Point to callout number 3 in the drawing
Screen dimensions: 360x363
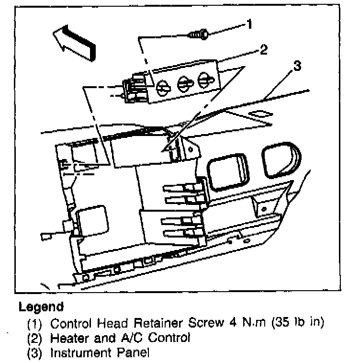coord(297,66)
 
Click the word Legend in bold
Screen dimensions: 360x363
coord(41,306)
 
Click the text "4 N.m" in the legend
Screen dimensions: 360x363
coord(247,322)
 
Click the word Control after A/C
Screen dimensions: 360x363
coord(169,338)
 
